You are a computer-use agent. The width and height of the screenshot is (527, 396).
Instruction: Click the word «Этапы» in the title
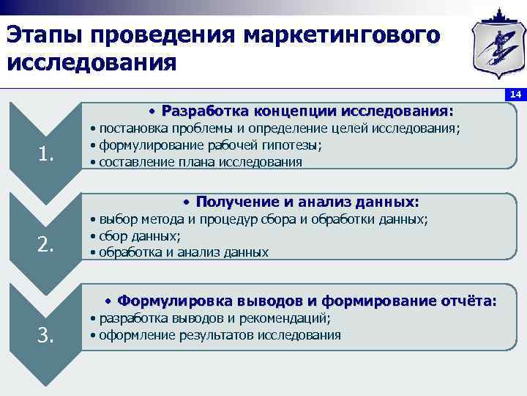pyautogui.click(x=46, y=34)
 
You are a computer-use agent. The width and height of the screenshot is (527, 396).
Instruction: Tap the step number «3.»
pyautogui.click(x=46, y=335)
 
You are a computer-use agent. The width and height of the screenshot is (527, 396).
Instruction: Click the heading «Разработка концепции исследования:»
pyautogui.click(x=307, y=111)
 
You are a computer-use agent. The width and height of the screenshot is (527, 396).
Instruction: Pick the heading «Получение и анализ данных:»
pyautogui.click(x=307, y=202)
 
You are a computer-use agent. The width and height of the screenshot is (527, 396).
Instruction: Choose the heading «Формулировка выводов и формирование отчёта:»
pyautogui.click(x=307, y=301)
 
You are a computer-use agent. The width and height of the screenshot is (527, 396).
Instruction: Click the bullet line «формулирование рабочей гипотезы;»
pyautogui.click(x=211, y=145)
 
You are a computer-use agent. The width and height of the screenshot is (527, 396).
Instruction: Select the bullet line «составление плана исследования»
pyautogui.click(x=200, y=162)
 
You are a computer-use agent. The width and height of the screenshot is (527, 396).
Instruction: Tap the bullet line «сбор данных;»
pyautogui.click(x=140, y=235)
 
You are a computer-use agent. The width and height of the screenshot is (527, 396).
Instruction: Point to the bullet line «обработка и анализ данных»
pyautogui.click(x=183, y=252)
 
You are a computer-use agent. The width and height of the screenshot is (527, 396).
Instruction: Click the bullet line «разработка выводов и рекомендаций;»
pyautogui.click(x=214, y=318)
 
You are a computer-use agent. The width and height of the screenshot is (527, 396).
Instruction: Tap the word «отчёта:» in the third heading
pyautogui.click(x=468, y=301)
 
